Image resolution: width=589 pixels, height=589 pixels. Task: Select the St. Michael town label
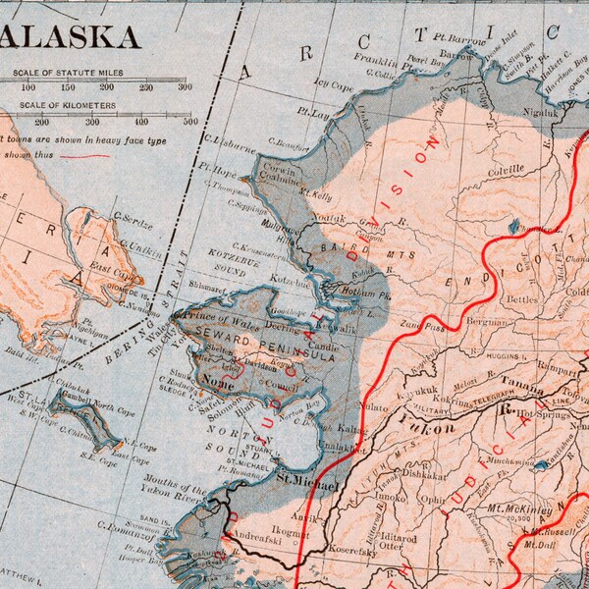coord(306,484)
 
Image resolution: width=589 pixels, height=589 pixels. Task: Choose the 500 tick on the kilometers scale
coord(190,123)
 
